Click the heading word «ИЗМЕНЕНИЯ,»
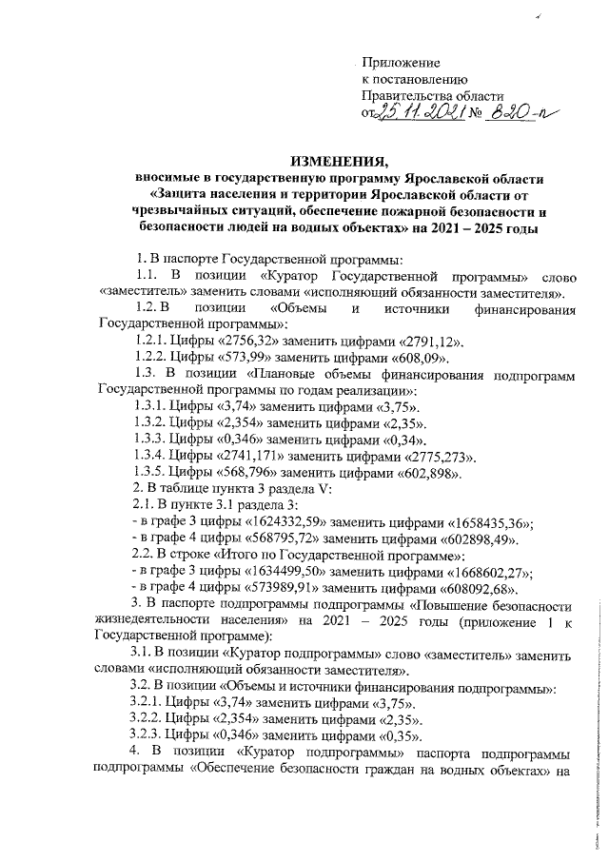click(340, 160)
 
